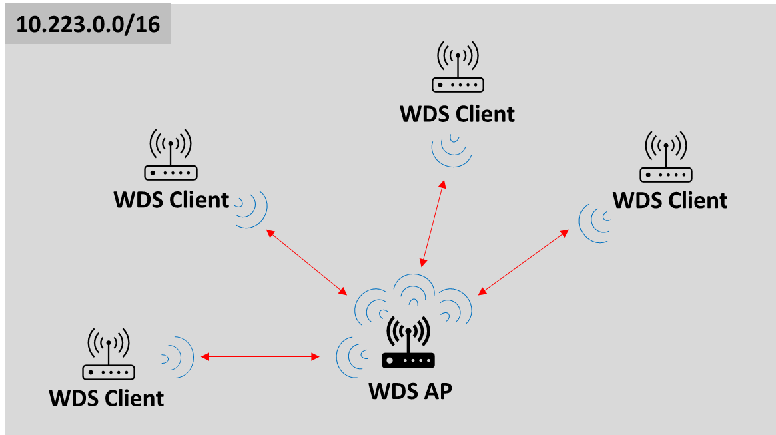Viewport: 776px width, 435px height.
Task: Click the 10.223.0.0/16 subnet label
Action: coord(87,25)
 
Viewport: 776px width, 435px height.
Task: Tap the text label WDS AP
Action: coord(410,390)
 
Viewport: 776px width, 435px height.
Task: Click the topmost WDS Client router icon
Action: coord(458,67)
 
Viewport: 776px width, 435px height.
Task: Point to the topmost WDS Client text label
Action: coord(458,114)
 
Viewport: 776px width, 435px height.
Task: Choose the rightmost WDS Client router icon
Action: coord(666,157)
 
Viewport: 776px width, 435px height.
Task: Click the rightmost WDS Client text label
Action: coord(670,200)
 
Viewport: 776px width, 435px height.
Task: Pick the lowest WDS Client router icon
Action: coord(109,354)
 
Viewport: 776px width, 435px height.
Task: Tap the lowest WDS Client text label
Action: coord(107,398)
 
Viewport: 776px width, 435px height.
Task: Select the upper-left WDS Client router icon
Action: coord(171,155)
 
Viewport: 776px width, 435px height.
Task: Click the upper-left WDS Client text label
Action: coord(171,199)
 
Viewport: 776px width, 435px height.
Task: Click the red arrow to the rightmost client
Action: coord(524,262)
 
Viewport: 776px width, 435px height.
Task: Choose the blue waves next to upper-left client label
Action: coord(251,208)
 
